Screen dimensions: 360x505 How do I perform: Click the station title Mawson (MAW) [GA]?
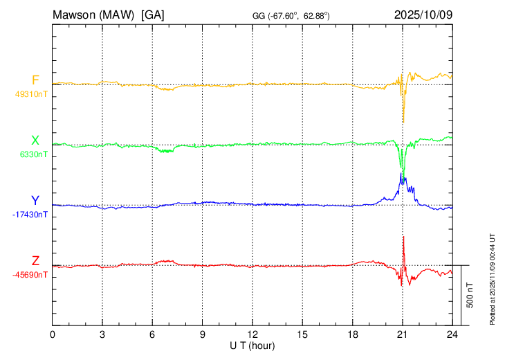(x=109, y=15)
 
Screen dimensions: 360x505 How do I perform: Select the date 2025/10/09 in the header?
(x=423, y=15)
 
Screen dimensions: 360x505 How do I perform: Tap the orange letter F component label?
(x=35, y=80)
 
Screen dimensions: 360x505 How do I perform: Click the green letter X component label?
(x=35, y=141)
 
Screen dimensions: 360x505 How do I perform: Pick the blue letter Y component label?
(x=35, y=201)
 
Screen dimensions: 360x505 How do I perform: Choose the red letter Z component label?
(x=35, y=261)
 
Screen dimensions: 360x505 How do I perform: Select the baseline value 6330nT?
(x=31, y=154)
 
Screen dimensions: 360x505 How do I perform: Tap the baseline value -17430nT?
(x=30, y=215)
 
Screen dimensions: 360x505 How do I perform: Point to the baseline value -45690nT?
(x=30, y=275)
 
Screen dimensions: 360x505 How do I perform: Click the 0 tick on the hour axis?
(x=53, y=334)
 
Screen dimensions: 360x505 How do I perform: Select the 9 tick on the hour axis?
(x=203, y=334)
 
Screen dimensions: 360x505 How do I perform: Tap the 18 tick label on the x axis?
(x=352, y=334)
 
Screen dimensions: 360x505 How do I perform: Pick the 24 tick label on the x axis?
(x=452, y=334)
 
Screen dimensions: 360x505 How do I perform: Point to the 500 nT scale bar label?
(x=470, y=295)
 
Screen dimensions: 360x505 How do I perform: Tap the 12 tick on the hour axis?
(x=252, y=334)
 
